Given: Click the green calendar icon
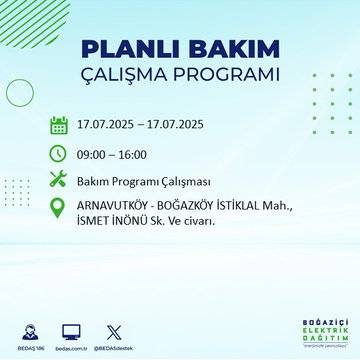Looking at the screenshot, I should tap(59, 126).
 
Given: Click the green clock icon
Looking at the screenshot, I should tap(59, 153).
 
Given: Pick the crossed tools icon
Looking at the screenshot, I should tap(59, 180).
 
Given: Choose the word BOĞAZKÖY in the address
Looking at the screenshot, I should tap(202, 207).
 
